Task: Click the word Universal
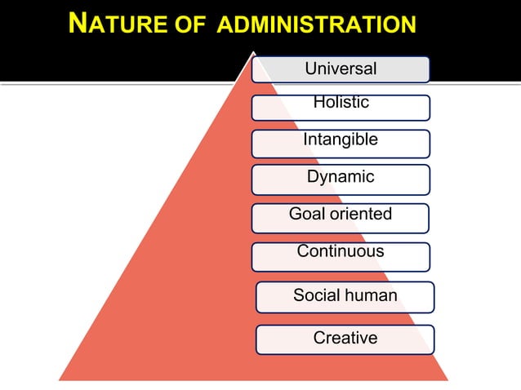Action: (x=341, y=69)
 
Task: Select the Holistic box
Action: (x=341, y=107)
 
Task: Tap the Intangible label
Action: (x=341, y=141)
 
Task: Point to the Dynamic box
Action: (x=341, y=178)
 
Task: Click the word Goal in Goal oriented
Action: (x=306, y=215)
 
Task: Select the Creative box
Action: (x=345, y=339)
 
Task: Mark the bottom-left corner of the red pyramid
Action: (x=59, y=379)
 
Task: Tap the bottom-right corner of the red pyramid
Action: (x=448, y=379)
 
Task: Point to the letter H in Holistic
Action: (x=318, y=102)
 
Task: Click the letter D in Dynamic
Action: (x=313, y=177)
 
